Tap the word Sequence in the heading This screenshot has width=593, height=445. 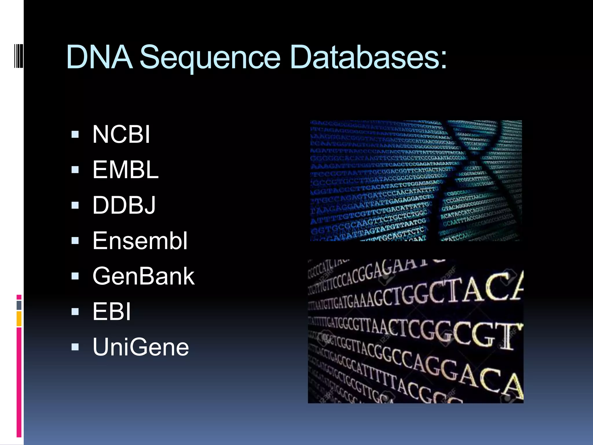click(210, 57)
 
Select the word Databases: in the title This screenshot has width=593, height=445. click(368, 57)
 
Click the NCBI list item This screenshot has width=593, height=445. click(121, 134)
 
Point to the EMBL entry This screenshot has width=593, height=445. click(125, 170)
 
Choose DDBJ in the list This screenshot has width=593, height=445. click(124, 205)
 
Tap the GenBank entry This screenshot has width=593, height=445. click(144, 276)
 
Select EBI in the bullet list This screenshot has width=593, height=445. click(112, 311)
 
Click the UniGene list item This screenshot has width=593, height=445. click(141, 347)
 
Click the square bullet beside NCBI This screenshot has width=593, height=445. click(75, 134)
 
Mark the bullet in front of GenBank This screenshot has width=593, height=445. click(75, 276)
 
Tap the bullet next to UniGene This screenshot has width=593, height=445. click(75, 347)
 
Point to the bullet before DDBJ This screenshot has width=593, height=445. click(75, 205)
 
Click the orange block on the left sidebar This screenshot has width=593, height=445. click(19, 319)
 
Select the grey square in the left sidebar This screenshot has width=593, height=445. click(19, 305)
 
